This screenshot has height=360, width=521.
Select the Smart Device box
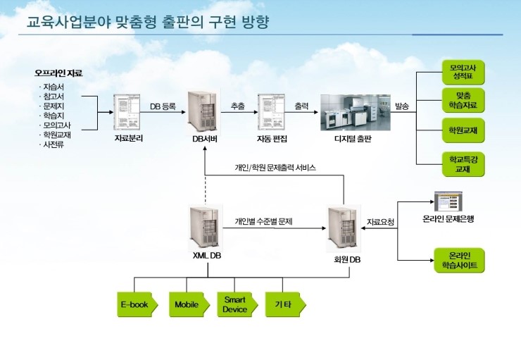click(x=237, y=304)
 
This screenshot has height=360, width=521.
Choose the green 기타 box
click(x=285, y=304)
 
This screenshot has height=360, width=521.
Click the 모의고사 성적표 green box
click(x=463, y=72)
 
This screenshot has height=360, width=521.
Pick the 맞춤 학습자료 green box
click(x=463, y=100)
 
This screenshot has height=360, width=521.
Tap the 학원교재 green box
click(x=463, y=130)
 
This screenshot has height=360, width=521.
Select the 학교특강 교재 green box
click(x=463, y=164)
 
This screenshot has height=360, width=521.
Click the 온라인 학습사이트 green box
click(x=460, y=260)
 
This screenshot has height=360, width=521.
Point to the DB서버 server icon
click(x=204, y=112)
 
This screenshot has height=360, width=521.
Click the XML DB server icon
click(x=206, y=228)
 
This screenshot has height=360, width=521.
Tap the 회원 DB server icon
click(x=344, y=229)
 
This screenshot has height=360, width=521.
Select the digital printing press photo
click(x=356, y=112)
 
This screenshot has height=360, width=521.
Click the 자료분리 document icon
click(x=127, y=112)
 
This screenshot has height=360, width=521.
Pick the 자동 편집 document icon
click(x=271, y=112)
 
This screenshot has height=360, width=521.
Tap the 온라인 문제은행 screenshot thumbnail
click(x=448, y=201)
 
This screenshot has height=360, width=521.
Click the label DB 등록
click(x=163, y=106)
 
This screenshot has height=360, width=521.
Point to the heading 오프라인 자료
click(x=58, y=73)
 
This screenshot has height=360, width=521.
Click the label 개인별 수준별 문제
click(x=264, y=221)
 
